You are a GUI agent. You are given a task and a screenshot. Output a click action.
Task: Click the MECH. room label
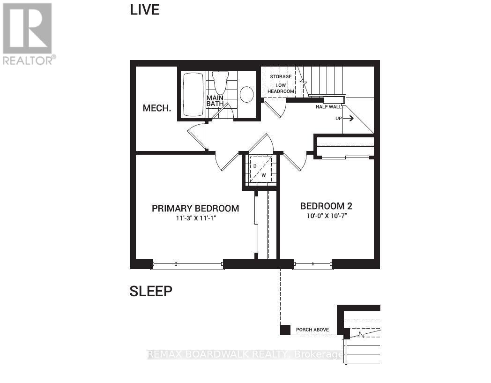point(156,108)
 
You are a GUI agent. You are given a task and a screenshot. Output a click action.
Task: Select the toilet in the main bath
point(220,82)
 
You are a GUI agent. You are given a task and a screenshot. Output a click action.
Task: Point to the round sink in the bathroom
point(246,94)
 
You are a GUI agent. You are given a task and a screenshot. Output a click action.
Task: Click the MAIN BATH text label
point(216,101)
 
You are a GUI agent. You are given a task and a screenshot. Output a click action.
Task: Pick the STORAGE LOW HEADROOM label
point(281,83)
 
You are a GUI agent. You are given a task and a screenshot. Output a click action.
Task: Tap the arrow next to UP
point(349,119)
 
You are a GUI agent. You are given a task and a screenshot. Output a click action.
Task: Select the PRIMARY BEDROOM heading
point(195,208)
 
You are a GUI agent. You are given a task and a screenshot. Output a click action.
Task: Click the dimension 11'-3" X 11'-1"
point(195,218)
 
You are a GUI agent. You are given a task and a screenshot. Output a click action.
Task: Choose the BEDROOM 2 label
point(326,206)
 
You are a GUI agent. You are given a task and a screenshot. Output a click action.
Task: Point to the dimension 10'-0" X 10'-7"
point(326,216)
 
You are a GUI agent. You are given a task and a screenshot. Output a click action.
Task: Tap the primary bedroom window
point(188,264)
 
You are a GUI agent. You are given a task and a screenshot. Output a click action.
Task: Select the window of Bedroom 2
point(312,264)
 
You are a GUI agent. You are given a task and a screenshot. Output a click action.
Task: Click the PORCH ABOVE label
point(312,330)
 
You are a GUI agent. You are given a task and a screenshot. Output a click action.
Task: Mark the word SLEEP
point(151,292)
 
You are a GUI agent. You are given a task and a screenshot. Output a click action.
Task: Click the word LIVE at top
point(145,10)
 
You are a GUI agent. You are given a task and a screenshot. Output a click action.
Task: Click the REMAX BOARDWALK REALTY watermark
point(245,355)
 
